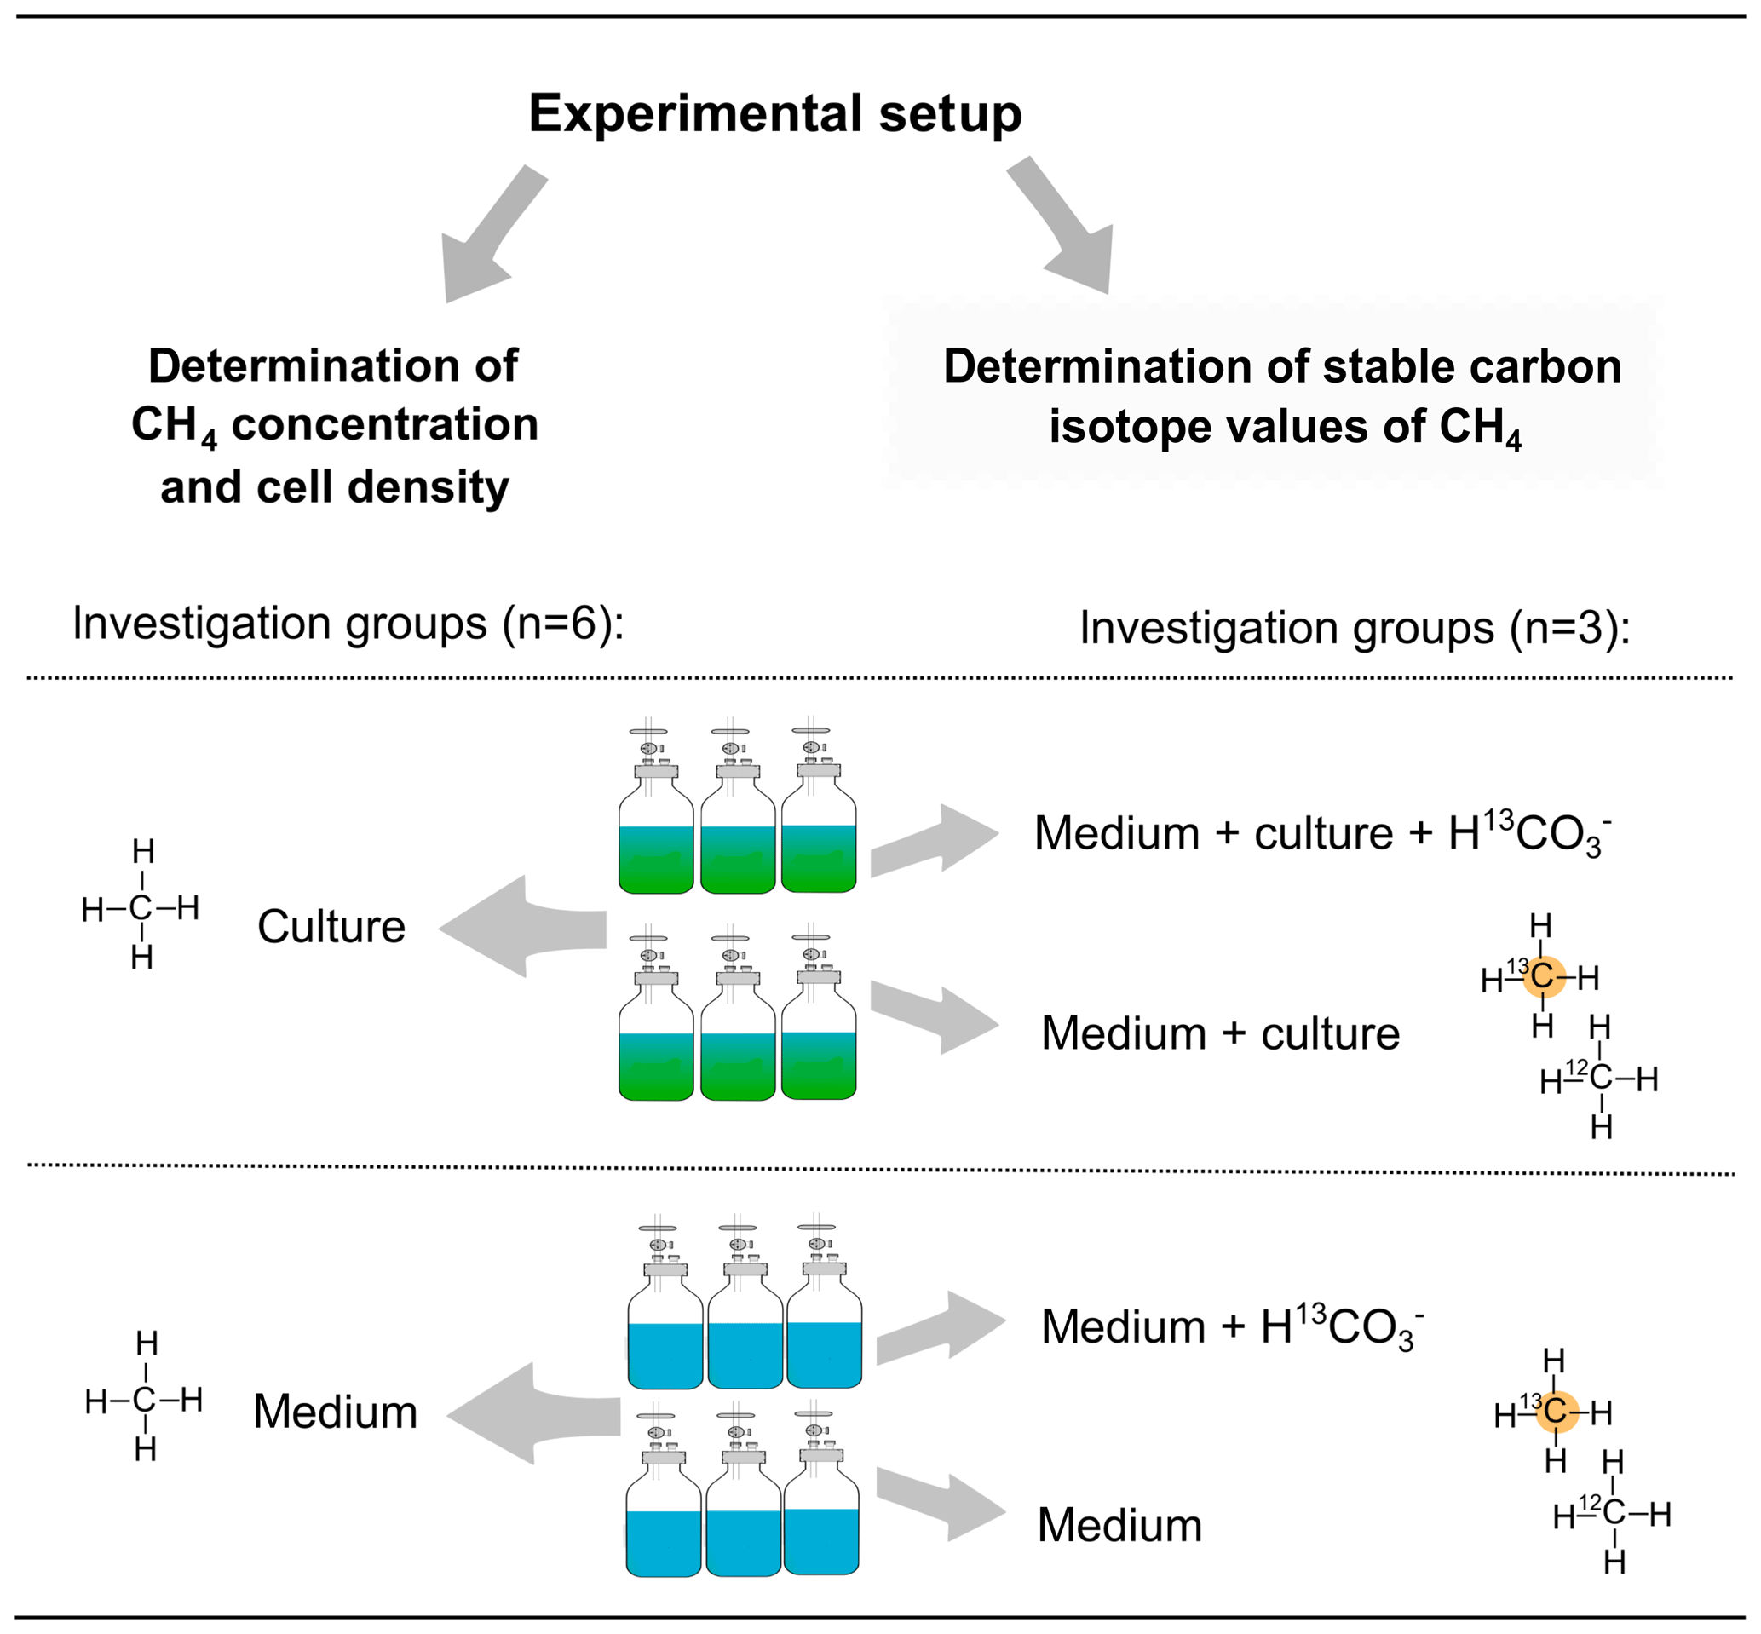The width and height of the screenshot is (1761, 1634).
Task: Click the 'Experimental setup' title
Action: tap(774, 113)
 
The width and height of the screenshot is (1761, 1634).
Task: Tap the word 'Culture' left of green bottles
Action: tap(331, 927)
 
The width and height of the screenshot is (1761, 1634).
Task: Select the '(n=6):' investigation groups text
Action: tap(562, 624)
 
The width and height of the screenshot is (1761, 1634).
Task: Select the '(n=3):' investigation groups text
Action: tap(1569, 629)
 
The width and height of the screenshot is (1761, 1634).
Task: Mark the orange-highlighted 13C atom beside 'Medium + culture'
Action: tap(1544, 976)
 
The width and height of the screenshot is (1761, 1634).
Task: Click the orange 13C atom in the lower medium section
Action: tap(1556, 1411)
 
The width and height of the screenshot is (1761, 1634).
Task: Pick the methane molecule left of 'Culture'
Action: tap(141, 907)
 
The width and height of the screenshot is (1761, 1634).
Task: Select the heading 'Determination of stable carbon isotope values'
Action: tap(1282, 395)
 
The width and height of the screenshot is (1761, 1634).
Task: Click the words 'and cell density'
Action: tap(334, 487)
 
